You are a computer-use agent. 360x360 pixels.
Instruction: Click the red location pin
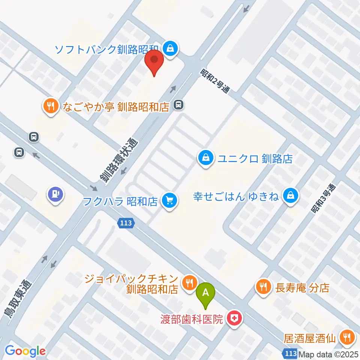point(154,62)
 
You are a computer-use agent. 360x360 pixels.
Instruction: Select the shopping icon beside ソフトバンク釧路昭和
point(171,48)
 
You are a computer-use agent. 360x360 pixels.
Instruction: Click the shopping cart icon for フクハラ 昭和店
point(169,201)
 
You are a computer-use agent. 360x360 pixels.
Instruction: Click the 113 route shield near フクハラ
point(126,223)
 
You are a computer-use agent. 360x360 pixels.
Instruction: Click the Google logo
point(25,351)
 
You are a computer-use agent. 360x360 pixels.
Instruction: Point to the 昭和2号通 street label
point(214,81)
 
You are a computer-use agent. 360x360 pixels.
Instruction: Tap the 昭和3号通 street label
point(323,199)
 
